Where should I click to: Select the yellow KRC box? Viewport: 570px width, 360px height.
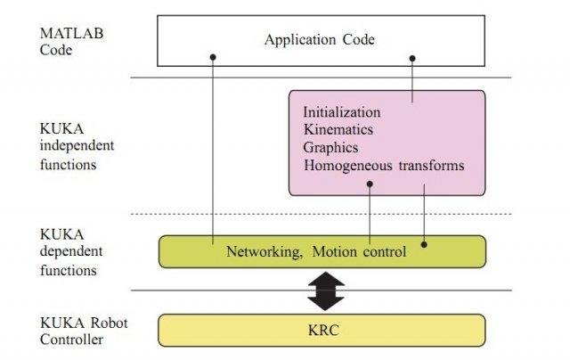click(x=322, y=330)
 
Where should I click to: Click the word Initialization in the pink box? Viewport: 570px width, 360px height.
click(x=342, y=113)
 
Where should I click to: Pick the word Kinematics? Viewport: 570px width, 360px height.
click(x=338, y=130)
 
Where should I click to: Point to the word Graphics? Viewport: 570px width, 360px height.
click(x=330, y=148)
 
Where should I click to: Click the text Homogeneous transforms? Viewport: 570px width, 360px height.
click(x=383, y=166)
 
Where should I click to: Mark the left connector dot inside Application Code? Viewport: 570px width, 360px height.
click(x=214, y=58)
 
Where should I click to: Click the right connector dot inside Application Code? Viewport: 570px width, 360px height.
click(x=412, y=58)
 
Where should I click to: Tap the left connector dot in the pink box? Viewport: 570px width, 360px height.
click(x=370, y=184)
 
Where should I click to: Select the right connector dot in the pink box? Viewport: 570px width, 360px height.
click(x=424, y=184)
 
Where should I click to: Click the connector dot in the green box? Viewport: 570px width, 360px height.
click(x=424, y=243)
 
